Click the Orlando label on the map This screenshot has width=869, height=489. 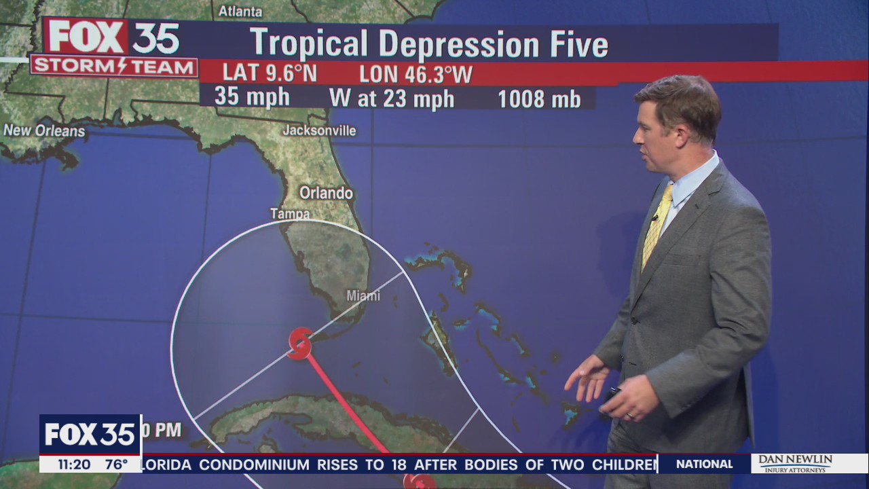327,193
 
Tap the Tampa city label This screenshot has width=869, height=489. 290,214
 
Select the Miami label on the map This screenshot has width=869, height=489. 363,295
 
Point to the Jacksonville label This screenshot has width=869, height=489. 319,130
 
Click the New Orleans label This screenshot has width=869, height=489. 44,131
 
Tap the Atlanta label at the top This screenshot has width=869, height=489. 240,11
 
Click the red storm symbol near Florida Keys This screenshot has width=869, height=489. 299,344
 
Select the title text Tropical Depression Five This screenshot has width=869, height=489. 428,43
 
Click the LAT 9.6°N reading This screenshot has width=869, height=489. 270,73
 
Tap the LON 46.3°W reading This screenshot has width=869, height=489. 415,74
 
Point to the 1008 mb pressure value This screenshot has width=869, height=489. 539,99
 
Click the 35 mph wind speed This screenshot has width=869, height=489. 252,97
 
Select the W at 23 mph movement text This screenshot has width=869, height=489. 392,98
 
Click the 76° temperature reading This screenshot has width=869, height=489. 115,465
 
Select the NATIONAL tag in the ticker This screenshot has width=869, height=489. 704,464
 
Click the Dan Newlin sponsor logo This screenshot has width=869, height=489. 795,463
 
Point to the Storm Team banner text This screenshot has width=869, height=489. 113,66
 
